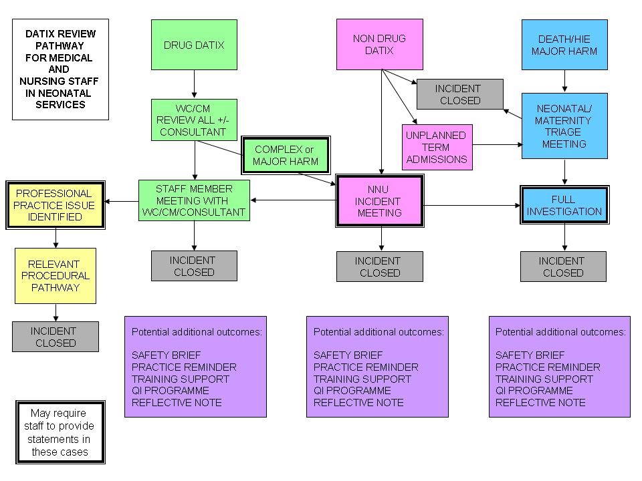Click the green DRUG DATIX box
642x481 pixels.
pyautogui.click(x=194, y=45)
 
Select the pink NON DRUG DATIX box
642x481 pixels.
pyautogui.click(x=379, y=45)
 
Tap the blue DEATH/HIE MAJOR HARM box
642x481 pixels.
pyautogui.click(x=564, y=45)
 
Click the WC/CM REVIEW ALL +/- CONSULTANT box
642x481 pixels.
pyautogui.click(x=194, y=120)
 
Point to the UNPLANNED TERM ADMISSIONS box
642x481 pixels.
pyautogui.click(x=437, y=147)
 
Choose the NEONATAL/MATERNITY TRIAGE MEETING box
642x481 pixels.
pyautogui.click(x=564, y=126)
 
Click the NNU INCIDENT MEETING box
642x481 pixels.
pyautogui.click(x=379, y=201)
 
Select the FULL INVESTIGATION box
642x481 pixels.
pyautogui.click(x=564, y=205)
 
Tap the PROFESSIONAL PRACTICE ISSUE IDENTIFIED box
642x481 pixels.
pyautogui.click(x=56, y=205)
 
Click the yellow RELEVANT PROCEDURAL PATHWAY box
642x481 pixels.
pyautogui.click(x=56, y=276)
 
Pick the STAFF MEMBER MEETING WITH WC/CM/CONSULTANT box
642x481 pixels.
pyautogui.click(x=194, y=200)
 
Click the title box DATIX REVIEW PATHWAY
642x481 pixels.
pyautogui.click(x=60, y=69)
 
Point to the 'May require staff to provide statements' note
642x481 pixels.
pyautogui.click(x=60, y=432)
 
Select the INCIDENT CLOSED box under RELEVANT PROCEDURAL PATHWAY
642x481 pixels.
pyautogui.click(x=56, y=337)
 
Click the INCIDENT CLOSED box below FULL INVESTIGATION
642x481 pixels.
pyautogui.click(x=563, y=267)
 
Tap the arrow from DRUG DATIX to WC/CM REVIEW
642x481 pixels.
pyautogui.click(x=194, y=84)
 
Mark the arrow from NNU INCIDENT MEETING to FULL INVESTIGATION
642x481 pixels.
pyautogui.click(x=472, y=205)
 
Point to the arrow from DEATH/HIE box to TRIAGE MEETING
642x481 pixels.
pyautogui.click(x=564, y=82)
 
